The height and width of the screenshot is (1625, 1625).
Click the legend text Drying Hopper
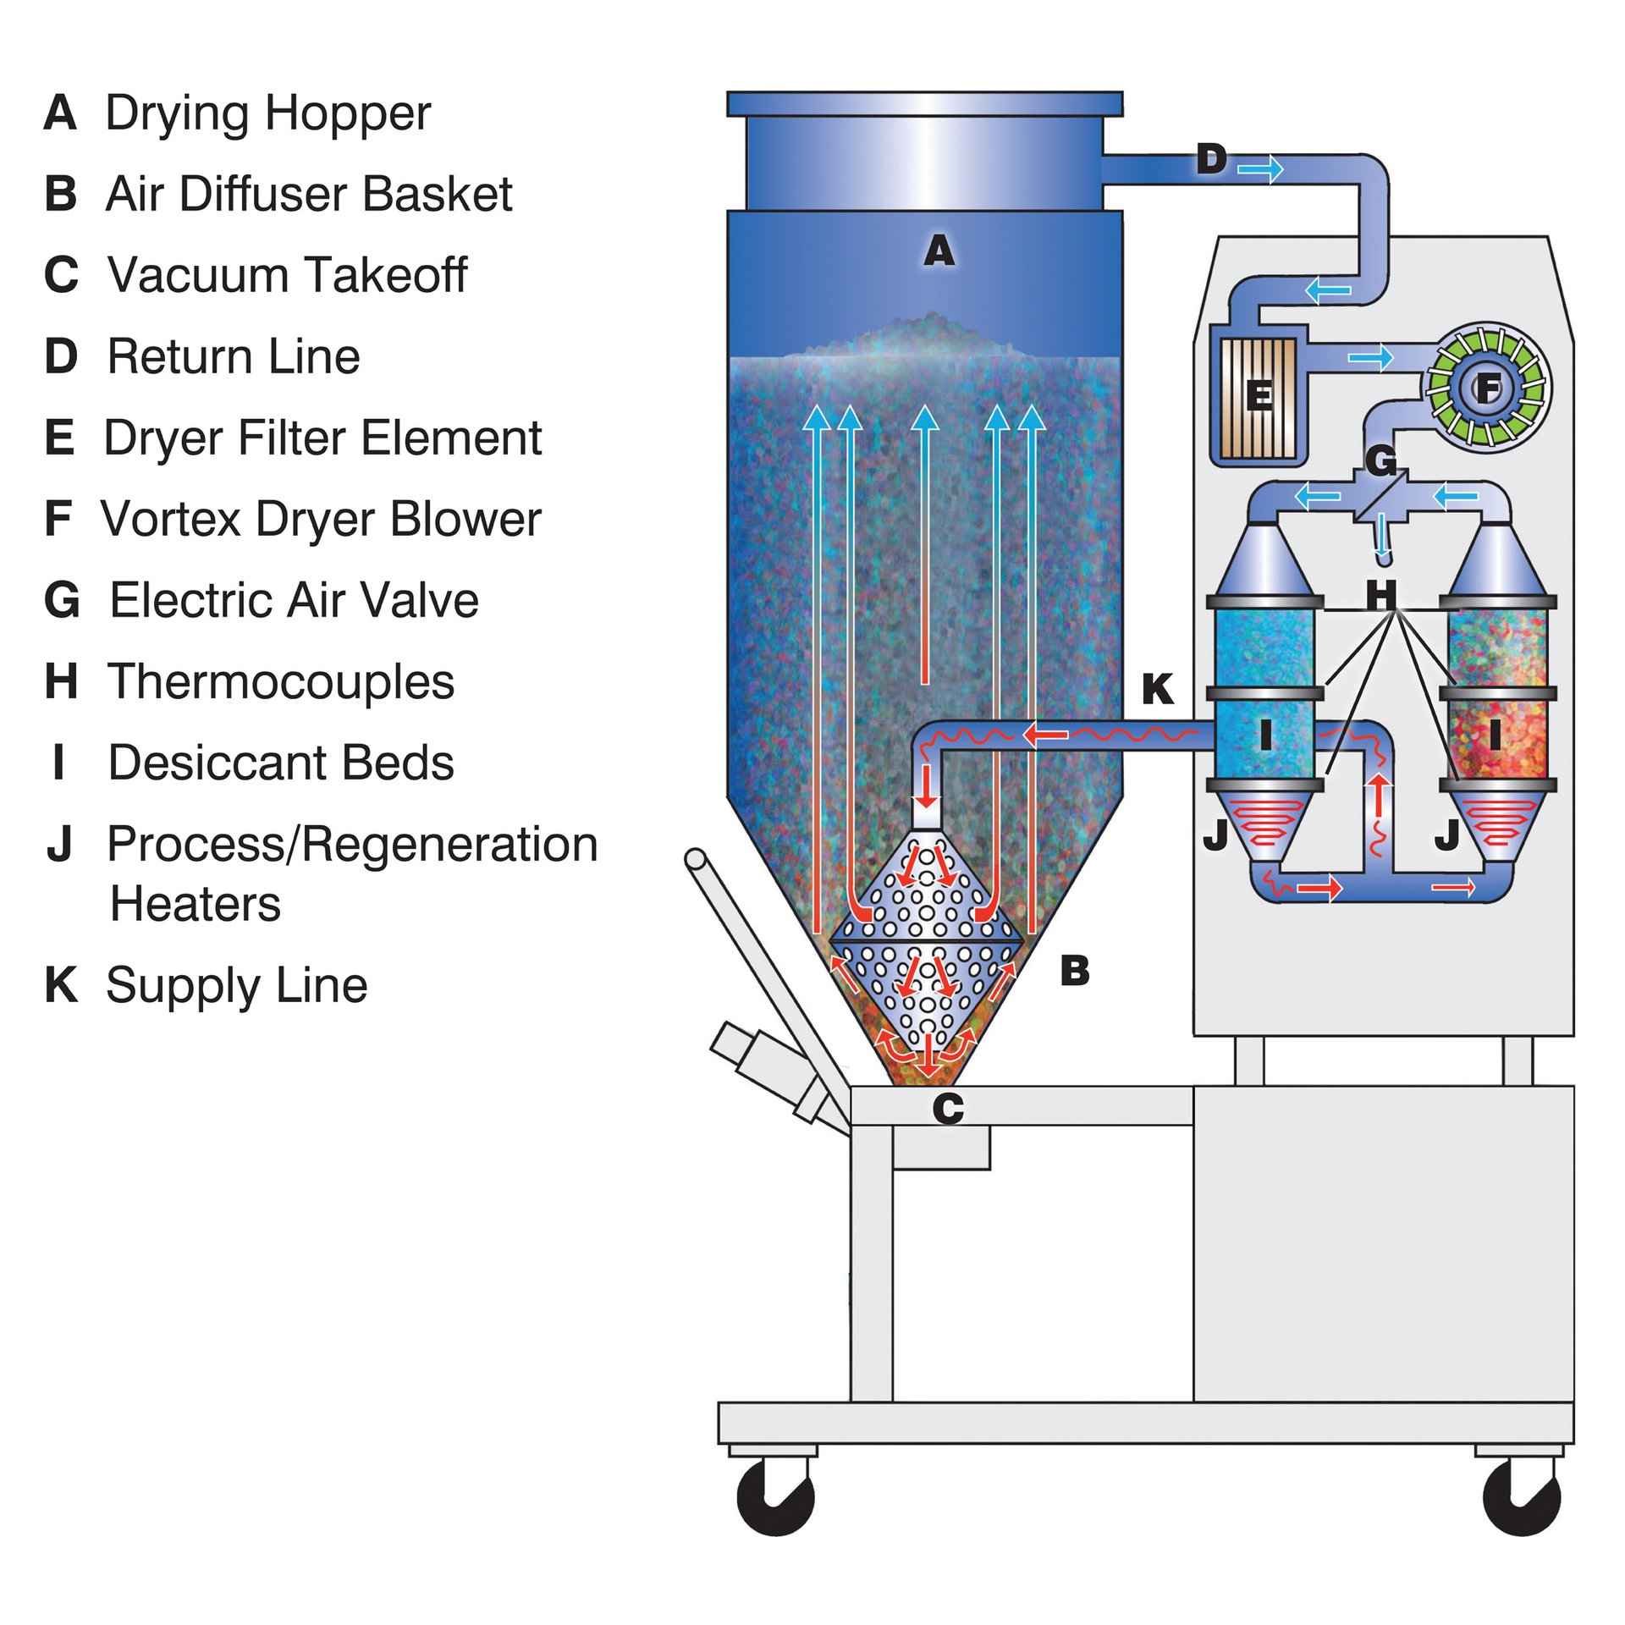coord(267,113)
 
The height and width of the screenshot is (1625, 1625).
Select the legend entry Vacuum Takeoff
coord(287,275)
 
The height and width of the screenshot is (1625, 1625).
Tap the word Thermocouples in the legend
coord(280,681)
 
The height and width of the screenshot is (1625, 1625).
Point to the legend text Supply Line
coord(236,985)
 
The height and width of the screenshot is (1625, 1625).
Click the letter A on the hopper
coord(939,251)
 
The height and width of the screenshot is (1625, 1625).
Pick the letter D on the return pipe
coord(1211,159)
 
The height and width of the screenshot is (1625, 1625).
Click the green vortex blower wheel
coord(1487,388)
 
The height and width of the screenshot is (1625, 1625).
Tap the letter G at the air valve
coord(1380,461)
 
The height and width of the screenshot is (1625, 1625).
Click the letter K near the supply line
coord(1157,689)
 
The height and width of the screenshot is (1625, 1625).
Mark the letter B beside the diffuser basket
coord(1074,971)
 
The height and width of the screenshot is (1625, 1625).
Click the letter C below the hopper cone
coord(948,1109)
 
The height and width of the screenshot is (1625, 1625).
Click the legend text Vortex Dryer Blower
coord(321,519)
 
